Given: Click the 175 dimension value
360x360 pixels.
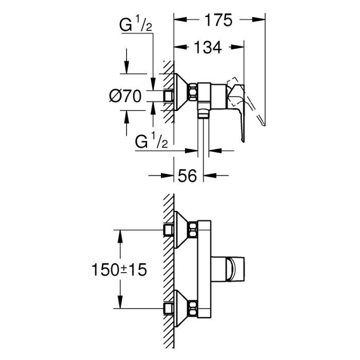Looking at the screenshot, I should tap(217, 20).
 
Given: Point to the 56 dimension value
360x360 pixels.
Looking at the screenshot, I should tap(188, 176).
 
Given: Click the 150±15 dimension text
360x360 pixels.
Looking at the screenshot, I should tap(118, 268).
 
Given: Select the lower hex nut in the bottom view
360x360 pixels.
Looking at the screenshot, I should tap(193, 308).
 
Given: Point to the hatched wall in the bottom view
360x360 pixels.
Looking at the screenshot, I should tap(168, 267).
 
